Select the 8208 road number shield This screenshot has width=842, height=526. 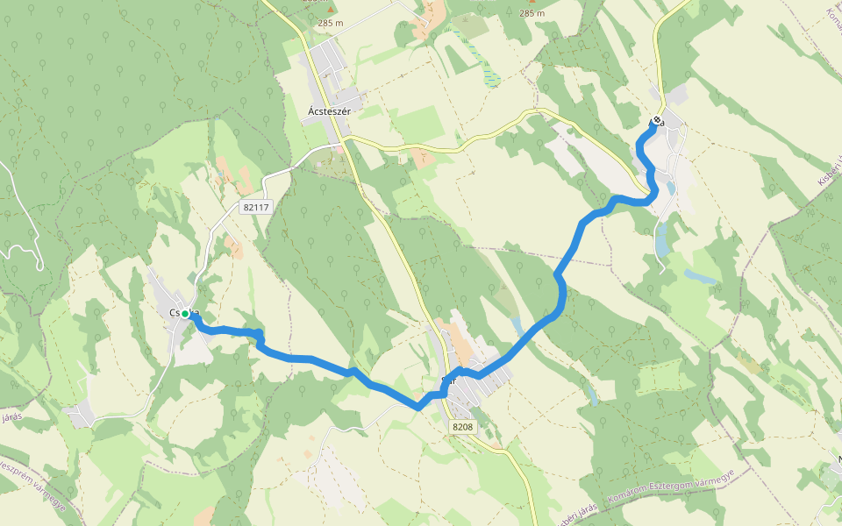coord(463,426)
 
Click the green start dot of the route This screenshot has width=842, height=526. coord(186,314)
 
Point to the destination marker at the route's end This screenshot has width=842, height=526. coord(657,121)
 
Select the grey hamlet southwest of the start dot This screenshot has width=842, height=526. coord(80,415)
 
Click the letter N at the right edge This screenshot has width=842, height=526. coord(839,459)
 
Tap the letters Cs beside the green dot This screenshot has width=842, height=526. coord(175,313)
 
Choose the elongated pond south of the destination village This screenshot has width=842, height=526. coord(661,238)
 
